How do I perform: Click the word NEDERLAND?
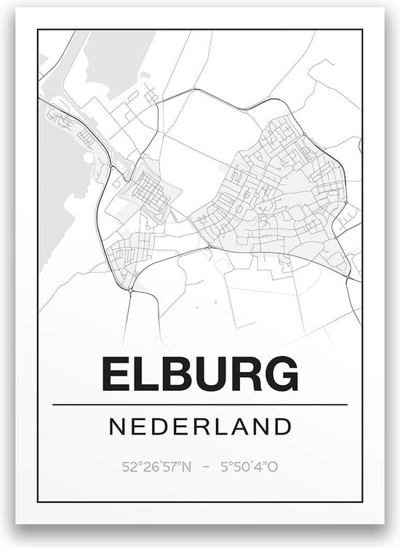pyautogui.click(x=200, y=426)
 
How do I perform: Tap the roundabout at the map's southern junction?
pyautogui.click(x=130, y=289)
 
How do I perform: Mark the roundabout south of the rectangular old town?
pyautogui.click(x=209, y=247)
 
